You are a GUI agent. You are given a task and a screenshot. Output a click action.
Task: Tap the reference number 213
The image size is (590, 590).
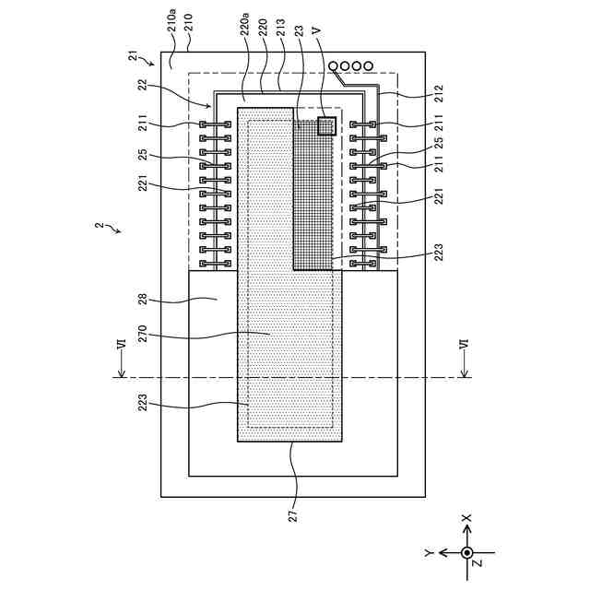pyautogui.click(x=281, y=28)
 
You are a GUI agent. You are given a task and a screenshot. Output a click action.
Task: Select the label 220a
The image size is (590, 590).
pyautogui.click(x=244, y=25)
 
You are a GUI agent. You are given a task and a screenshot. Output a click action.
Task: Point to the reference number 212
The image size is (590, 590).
pyautogui.click(x=439, y=94)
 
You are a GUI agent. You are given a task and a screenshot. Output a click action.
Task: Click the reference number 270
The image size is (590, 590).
pyautogui.click(x=144, y=334)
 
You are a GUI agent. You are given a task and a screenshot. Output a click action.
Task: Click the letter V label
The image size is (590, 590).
pyautogui.click(x=317, y=30)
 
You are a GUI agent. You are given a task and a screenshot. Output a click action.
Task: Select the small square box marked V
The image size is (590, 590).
pyautogui.click(x=326, y=126)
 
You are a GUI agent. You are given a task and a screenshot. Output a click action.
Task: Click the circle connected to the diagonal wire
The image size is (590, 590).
pyautogui.click(x=333, y=66)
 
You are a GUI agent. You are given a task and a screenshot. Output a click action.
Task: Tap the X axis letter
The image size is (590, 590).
pyautogui.click(x=466, y=518)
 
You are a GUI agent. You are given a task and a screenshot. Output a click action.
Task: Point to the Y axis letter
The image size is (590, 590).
pyautogui.click(x=430, y=553)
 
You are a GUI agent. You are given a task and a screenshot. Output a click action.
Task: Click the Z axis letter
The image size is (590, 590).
pyautogui.click(x=478, y=563)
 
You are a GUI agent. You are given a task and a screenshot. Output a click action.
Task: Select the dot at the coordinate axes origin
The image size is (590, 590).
pyautogui.click(x=467, y=553)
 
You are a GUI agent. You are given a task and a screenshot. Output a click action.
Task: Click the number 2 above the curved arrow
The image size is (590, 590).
pyautogui.click(x=99, y=225)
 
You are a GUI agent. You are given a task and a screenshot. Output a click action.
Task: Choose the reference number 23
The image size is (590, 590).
pyautogui.click(x=299, y=30)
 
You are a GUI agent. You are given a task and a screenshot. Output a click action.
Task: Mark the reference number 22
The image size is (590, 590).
pyautogui.click(x=143, y=86)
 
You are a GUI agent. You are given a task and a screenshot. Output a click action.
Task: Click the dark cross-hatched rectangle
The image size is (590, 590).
pyautogui.click(x=313, y=195)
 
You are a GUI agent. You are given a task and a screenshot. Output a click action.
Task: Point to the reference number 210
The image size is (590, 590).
pyautogui.click(x=189, y=22)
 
